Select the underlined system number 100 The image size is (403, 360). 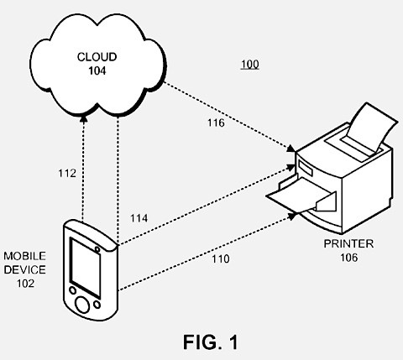(x=250, y=65)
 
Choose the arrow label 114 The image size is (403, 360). (x=140, y=218)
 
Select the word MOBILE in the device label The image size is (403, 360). (x=24, y=256)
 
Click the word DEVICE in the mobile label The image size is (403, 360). (x=24, y=269)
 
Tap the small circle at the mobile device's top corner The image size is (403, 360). (x=97, y=248)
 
